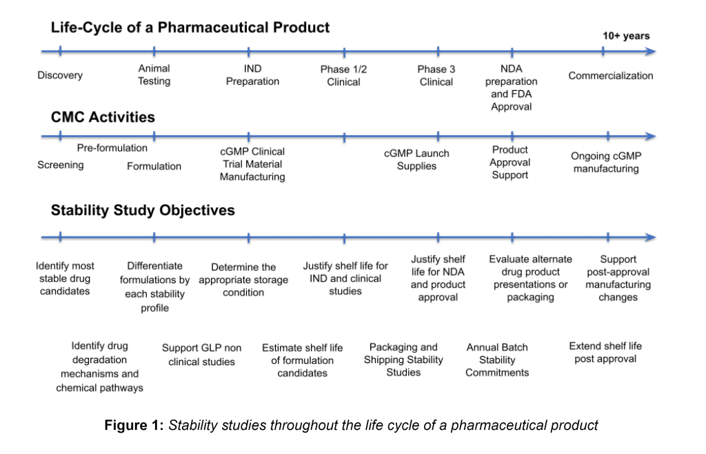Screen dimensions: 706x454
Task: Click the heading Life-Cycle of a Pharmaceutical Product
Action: (x=190, y=28)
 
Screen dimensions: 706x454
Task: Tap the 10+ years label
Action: (x=626, y=36)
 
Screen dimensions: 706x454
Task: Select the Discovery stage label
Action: (x=60, y=75)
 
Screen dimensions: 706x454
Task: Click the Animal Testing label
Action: (x=154, y=74)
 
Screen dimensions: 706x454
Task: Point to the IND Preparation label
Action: (x=252, y=74)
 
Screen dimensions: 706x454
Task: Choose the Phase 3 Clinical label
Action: (x=436, y=76)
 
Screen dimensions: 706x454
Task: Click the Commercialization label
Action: (x=611, y=76)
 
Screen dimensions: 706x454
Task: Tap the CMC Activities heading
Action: (x=103, y=117)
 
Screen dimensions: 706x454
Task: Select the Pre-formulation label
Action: (x=112, y=148)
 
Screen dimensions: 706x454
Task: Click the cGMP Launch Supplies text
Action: (x=416, y=160)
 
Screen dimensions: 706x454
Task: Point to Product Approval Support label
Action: (x=510, y=163)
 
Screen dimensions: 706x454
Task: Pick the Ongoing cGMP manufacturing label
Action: (x=606, y=163)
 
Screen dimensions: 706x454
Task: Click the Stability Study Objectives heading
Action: (x=143, y=210)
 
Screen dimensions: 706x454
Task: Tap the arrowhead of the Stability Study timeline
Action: (x=651, y=237)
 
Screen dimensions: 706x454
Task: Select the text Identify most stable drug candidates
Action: (x=65, y=278)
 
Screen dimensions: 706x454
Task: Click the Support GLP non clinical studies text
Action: (x=202, y=355)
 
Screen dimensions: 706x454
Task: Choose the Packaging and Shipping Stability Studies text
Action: (x=403, y=360)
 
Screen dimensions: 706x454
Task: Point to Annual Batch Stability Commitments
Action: (x=497, y=360)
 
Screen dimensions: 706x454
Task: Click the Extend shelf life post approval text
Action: (x=605, y=352)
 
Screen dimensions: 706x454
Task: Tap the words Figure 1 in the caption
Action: (x=134, y=425)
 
